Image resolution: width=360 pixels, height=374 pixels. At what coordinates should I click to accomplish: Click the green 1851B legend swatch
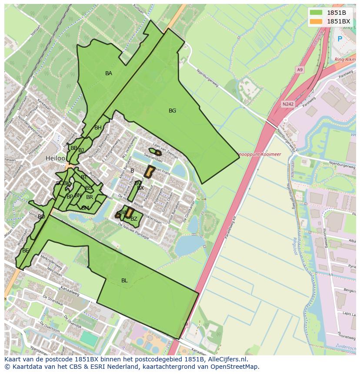(x=316, y=12)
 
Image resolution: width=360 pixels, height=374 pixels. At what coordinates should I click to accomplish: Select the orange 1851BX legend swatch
(x=316, y=21)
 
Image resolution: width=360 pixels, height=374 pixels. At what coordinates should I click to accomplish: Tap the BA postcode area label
(x=109, y=73)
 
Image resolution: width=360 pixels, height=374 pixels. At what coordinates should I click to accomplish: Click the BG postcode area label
(x=173, y=111)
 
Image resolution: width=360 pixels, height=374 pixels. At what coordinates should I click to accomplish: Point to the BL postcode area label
(x=124, y=281)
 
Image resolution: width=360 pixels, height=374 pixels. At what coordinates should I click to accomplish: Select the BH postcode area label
(x=98, y=128)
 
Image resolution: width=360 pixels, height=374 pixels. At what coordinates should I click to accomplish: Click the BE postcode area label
(x=26, y=251)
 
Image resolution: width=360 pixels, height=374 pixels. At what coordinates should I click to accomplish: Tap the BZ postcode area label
(x=134, y=219)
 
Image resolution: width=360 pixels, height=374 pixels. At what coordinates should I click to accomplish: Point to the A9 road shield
(x=300, y=69)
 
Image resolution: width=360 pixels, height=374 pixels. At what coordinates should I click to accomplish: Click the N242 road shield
(x=287, y=104)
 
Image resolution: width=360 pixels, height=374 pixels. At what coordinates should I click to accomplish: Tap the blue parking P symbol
(x=340, y=39)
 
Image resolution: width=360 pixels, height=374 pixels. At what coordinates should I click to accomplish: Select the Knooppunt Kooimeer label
(x=260, y=154)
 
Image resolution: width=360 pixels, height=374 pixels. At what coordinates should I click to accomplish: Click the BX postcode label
(x=140, y=188)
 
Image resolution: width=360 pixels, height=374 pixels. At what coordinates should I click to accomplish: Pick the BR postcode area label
(x=90, y=197)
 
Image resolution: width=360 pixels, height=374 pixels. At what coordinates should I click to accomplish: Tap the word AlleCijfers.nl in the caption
(x=227, y=359)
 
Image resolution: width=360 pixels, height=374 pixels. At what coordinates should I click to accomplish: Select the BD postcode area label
(x=41, y=216)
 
